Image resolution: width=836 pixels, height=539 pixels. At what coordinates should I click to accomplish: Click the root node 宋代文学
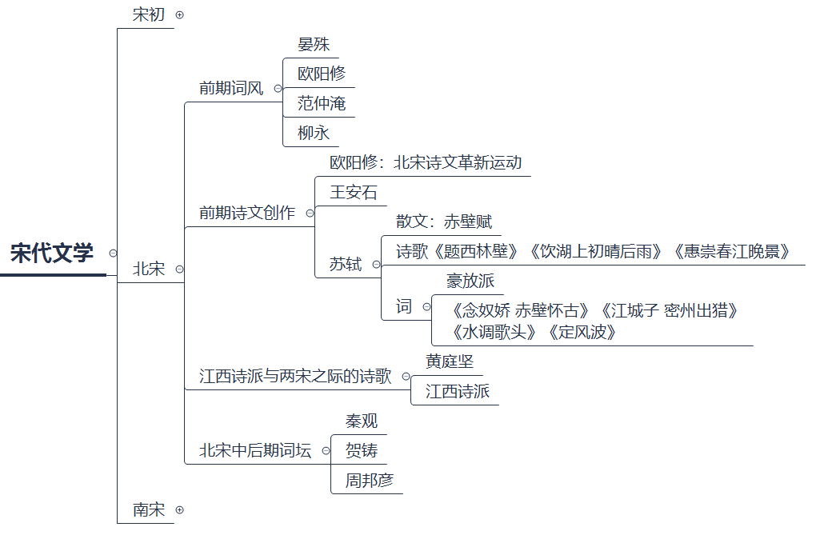(x=52, y=254)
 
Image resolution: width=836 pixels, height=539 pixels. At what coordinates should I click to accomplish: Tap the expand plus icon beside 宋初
(x=179, y=14)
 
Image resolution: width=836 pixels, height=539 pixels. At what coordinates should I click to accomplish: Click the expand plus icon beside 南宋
(x=179, y=509)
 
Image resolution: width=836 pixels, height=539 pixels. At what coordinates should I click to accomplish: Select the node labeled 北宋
(x=149, y=269)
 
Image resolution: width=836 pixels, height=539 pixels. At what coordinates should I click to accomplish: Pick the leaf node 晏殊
(x=314, y=44)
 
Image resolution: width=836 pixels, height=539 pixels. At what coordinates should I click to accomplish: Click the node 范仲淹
(x=322, y=103)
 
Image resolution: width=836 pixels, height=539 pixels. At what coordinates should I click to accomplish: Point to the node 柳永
(x=314, y=133)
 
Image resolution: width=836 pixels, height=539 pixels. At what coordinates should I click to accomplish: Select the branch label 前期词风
(x=231, y=88)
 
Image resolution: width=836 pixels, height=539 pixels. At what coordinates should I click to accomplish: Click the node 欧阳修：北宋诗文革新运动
(x=426, y=162)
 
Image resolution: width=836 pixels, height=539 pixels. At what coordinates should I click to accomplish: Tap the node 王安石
(x=353, y=193)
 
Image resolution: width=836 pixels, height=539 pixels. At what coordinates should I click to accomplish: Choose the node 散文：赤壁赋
(x=444, y=222)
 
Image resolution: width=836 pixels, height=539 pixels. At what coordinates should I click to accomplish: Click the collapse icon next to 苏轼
(x=376, y=265)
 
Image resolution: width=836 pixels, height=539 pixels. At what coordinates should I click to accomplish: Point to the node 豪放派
(x=470, y=281)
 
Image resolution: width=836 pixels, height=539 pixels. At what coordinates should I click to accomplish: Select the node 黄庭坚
(x=450, y=361)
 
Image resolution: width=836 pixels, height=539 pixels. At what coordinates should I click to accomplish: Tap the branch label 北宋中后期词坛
(x=255, y=450)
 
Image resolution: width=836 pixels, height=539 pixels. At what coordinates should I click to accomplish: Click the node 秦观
(x=362, y=421)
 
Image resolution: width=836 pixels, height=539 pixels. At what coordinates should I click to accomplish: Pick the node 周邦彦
(x=370, y=480)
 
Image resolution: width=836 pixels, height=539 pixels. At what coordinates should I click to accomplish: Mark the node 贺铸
(x=362, y=450)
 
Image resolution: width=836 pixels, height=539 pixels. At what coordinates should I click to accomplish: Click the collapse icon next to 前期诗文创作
(x=310, y=213)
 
